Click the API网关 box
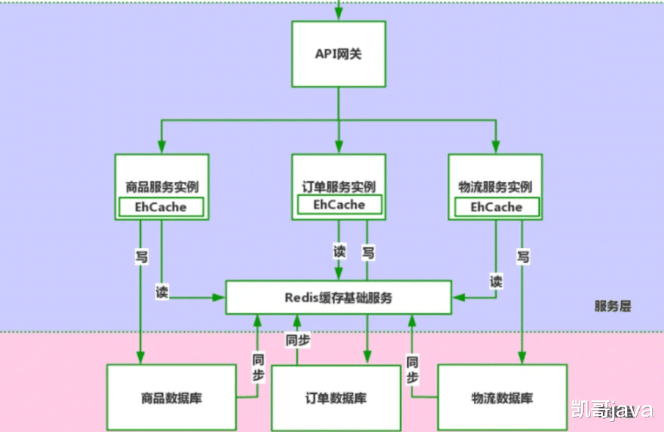[338, 54]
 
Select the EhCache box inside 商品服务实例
[161, 207]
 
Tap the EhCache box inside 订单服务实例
[338, 205]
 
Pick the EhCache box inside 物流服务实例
[496, 207]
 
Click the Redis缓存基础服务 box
[338, 298]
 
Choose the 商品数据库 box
[171, 398]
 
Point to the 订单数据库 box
[335, 398]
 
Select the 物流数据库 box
[502, 398]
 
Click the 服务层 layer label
[612, 306]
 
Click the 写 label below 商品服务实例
[141, 256]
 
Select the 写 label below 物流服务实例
[522, 256]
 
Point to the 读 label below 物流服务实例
[496, 281]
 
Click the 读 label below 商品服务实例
[161, 291]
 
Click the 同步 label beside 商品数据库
[258, 368]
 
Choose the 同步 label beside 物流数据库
[412, 370]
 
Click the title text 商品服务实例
[161, 186]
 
